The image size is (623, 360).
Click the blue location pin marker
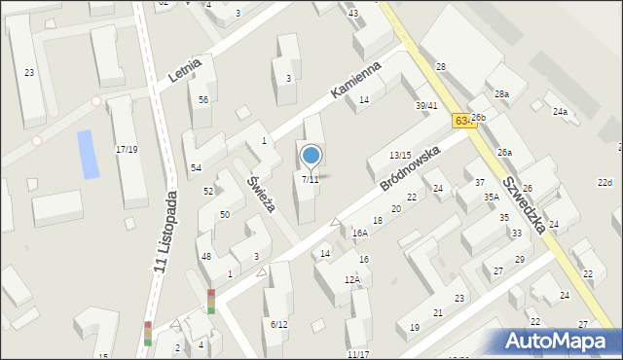tap(311, 156)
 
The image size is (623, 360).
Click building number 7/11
tap(310, 180)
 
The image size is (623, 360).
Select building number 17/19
tap(127, 150)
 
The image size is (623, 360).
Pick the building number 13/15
tap(400, 156)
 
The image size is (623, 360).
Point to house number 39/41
tap(426, 106)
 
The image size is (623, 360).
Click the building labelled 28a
tap(501, 94)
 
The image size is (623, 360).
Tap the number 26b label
tap(477, 117)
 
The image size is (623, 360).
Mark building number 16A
tap(360, 234)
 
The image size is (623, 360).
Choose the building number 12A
tap(351, 280)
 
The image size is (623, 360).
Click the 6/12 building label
tap(278, 324)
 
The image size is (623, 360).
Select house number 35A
tap(492, 197)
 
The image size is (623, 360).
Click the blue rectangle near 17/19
tap(89, 154)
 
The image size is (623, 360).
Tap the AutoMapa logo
tap(557, 341)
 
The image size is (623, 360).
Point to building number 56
tap(202, 100)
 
